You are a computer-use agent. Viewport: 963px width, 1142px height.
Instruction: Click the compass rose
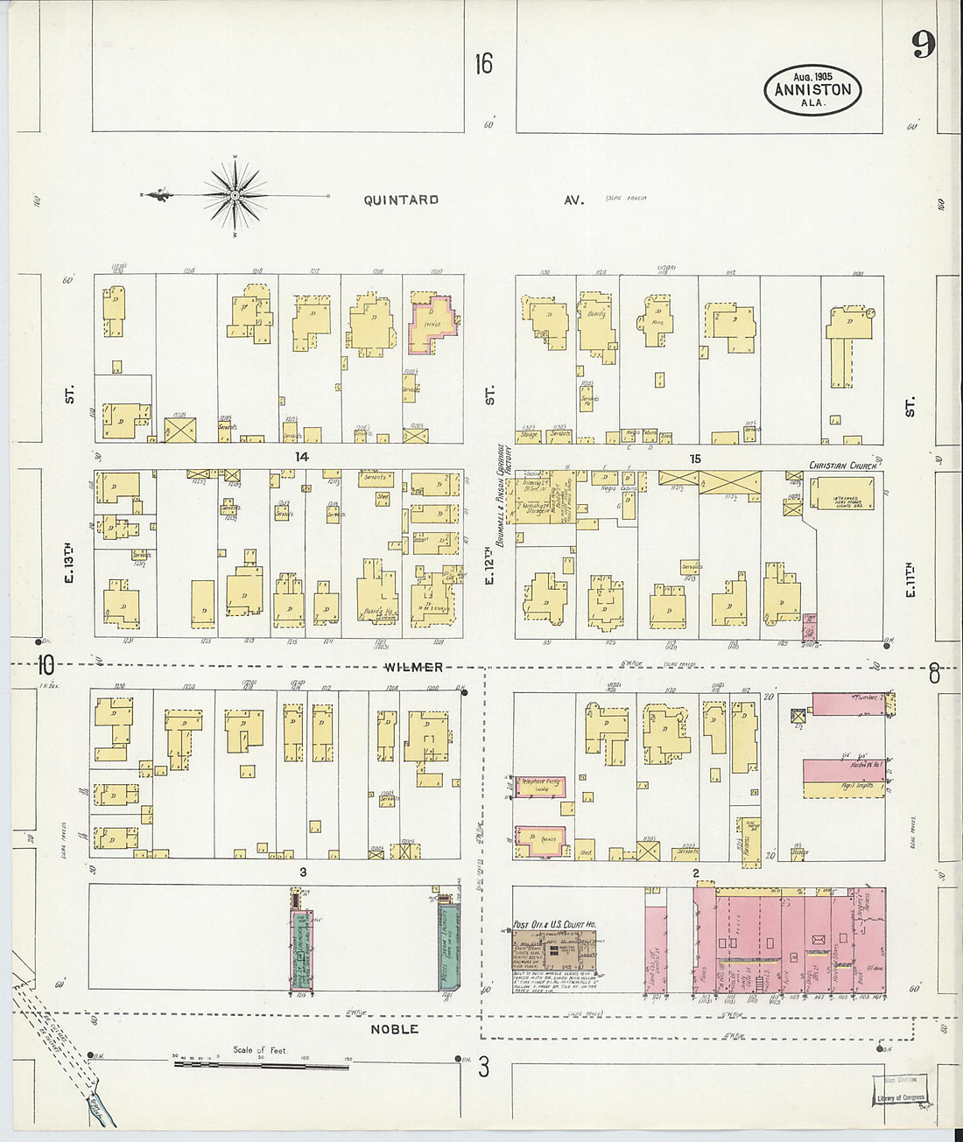click(235, 196)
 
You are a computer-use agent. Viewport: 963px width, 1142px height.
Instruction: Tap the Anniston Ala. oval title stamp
click(812, 90)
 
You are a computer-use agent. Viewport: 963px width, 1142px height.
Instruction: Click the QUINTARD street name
click(401, 200)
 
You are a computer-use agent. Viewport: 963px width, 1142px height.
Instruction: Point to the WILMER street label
click(413, 667)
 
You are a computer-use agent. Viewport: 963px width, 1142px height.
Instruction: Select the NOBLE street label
click(394, 1029)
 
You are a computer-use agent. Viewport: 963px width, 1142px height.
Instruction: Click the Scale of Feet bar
click(261, 1064)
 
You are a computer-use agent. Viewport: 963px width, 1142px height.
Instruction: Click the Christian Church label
click(842, 466)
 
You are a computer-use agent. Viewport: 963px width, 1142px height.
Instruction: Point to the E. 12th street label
click(490, 570)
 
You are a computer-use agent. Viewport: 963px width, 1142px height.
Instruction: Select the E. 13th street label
click(69, 564)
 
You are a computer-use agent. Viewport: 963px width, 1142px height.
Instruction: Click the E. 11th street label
click(910, 579)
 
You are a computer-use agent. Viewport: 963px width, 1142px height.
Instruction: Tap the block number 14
click(301, 457)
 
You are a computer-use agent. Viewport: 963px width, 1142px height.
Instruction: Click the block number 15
click(695, 459)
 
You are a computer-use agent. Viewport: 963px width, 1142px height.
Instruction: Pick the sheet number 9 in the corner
click(922, 44)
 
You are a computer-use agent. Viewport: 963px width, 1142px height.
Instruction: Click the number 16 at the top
click(483, 64)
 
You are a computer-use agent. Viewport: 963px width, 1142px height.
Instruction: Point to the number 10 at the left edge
click(46, 665)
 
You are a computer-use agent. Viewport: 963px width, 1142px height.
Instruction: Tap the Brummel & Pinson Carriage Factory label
click(503, 494)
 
